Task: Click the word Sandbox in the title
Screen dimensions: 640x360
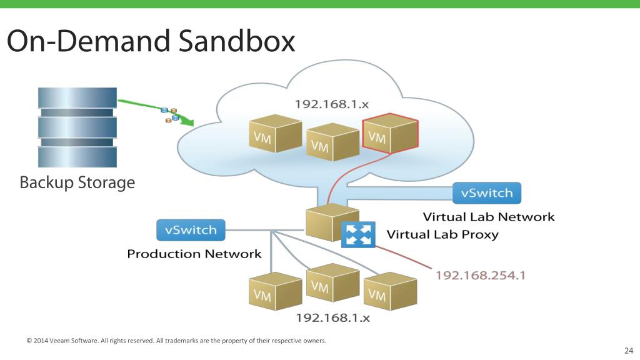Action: tap(237, 41)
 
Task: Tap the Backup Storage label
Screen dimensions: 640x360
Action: tap(77, 182)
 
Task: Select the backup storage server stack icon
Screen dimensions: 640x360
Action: tap(77, 127)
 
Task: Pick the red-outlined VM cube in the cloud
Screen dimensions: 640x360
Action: tap(390, 133)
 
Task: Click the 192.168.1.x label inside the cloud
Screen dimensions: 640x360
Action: tap(331, 104)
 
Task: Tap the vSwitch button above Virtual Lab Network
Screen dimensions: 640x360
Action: tap(486, 193)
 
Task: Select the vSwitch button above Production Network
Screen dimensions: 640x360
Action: tap(191, 230)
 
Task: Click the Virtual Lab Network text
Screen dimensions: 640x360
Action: tap(489, 217)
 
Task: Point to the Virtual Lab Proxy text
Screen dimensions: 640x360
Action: tap(442, 235)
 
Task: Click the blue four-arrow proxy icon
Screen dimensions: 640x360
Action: tap(358, 235)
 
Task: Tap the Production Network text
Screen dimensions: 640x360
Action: tap(194, 254)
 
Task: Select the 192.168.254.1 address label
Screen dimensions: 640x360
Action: tap(480, 275)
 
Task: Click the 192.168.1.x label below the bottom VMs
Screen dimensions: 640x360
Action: tap(332, 317)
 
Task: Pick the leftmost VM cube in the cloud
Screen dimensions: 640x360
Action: tap(276, 134)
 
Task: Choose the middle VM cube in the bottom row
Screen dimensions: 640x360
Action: tap(332, 282)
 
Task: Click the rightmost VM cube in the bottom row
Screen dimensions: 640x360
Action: tap(390, 291)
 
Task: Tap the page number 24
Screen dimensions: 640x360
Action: tap(629, 350)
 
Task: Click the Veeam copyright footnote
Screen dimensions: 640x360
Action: tap(176, 341)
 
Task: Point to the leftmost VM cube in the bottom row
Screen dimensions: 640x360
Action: tap(276, 291)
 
